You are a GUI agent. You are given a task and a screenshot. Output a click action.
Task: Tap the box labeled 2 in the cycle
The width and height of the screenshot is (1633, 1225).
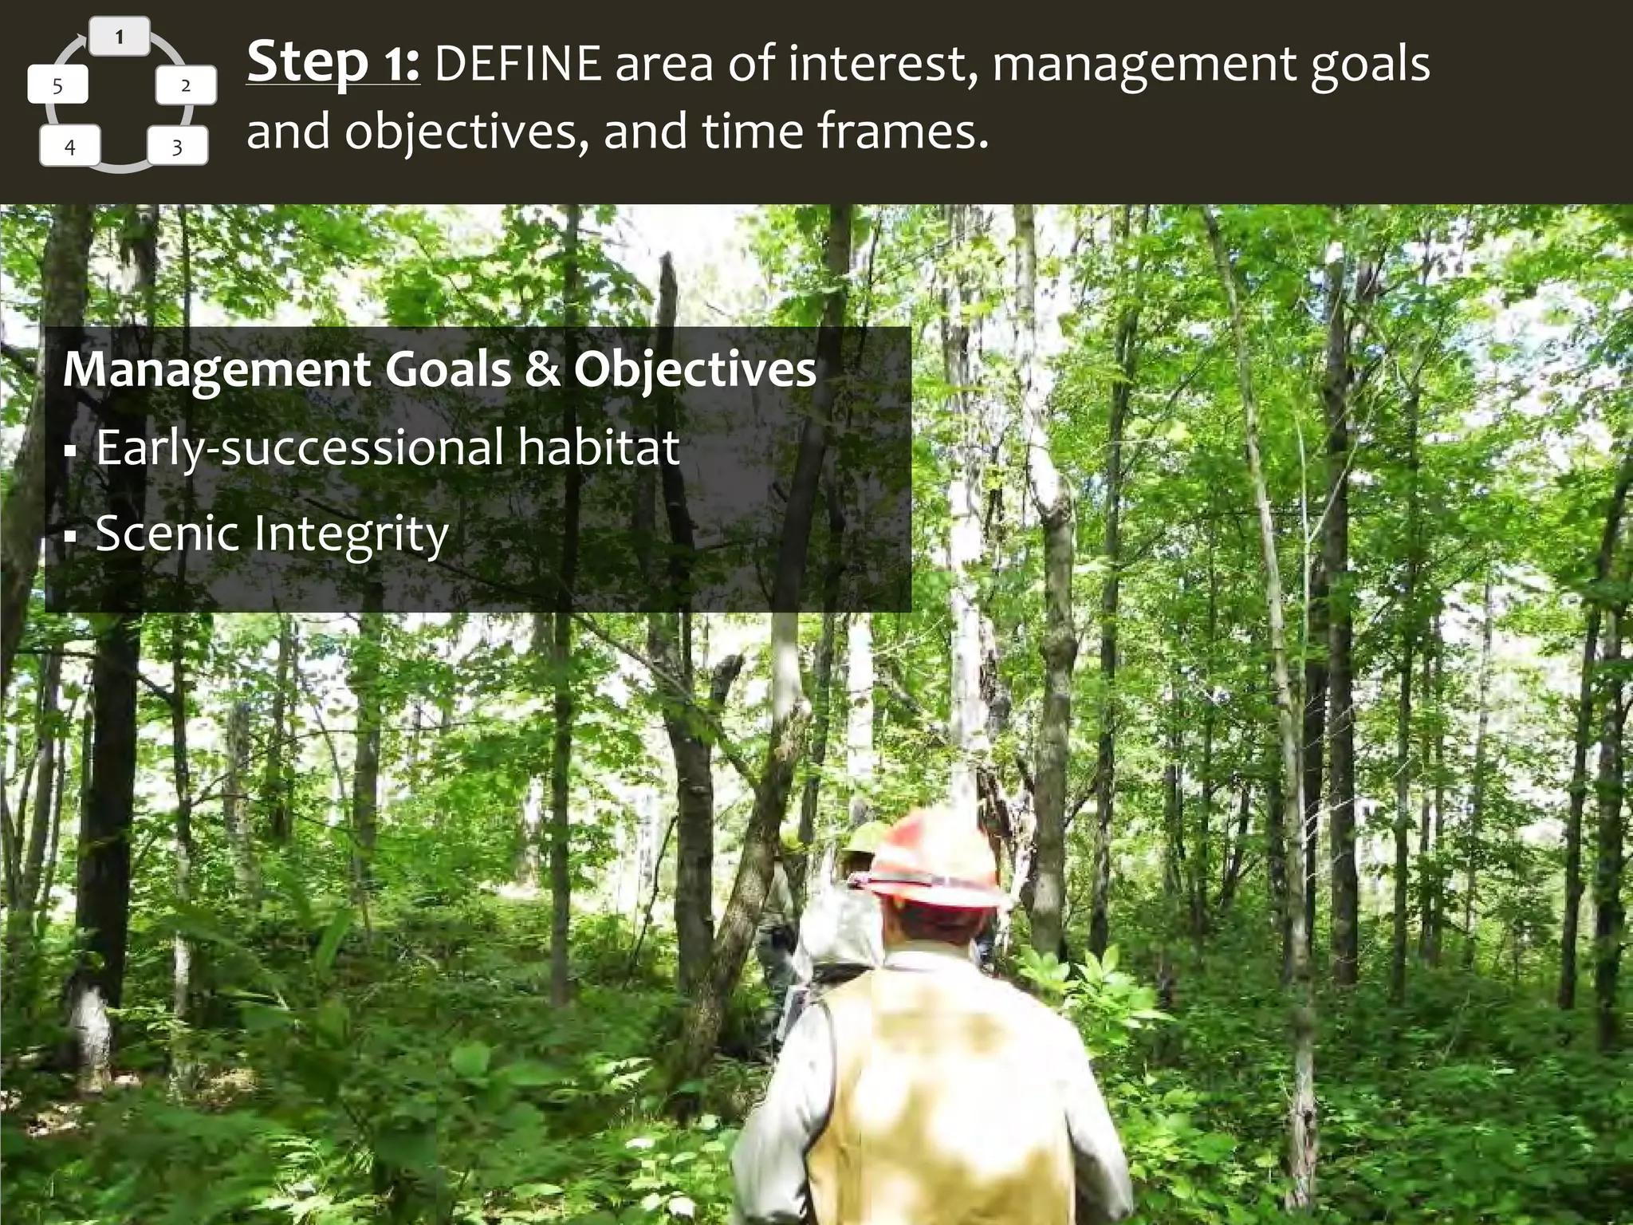(186, 86)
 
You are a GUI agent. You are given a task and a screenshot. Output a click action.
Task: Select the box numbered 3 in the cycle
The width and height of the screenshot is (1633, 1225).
(177, 148)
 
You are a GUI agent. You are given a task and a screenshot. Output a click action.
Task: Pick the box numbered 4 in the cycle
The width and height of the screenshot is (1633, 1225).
(70, 148)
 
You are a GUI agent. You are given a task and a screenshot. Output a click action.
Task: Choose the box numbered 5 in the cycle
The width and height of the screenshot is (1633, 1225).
(57, 86)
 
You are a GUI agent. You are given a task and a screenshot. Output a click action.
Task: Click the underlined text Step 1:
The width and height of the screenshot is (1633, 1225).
(333, 63)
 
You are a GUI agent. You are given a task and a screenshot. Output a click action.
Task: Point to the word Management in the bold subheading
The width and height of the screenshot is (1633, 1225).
(217, 370)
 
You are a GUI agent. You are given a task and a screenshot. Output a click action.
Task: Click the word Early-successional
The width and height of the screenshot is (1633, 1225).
(300, 448)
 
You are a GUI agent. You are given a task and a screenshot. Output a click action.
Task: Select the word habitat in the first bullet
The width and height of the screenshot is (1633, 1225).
(598, 447)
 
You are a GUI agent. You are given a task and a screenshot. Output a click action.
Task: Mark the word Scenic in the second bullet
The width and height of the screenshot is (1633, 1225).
(167, 533)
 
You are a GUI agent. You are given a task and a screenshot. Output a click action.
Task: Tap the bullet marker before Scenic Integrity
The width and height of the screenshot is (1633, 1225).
(70, 537)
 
